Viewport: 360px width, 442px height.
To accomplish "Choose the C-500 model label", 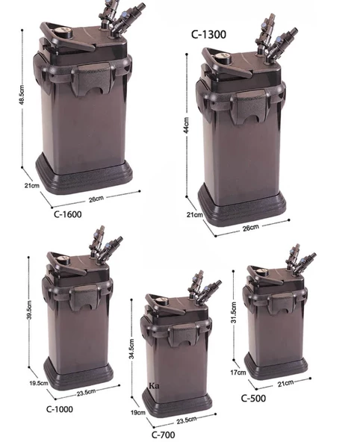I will (x=255, y=398).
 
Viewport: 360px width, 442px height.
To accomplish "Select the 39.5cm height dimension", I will (x=29, y=305).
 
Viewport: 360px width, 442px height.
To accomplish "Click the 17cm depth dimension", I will (x=238, y=370).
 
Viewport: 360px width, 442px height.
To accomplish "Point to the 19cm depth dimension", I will (x=137, y=412).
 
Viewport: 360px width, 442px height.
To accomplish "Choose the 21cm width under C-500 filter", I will (x=284, y=384).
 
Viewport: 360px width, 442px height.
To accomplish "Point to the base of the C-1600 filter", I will (x=86, y=178).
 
